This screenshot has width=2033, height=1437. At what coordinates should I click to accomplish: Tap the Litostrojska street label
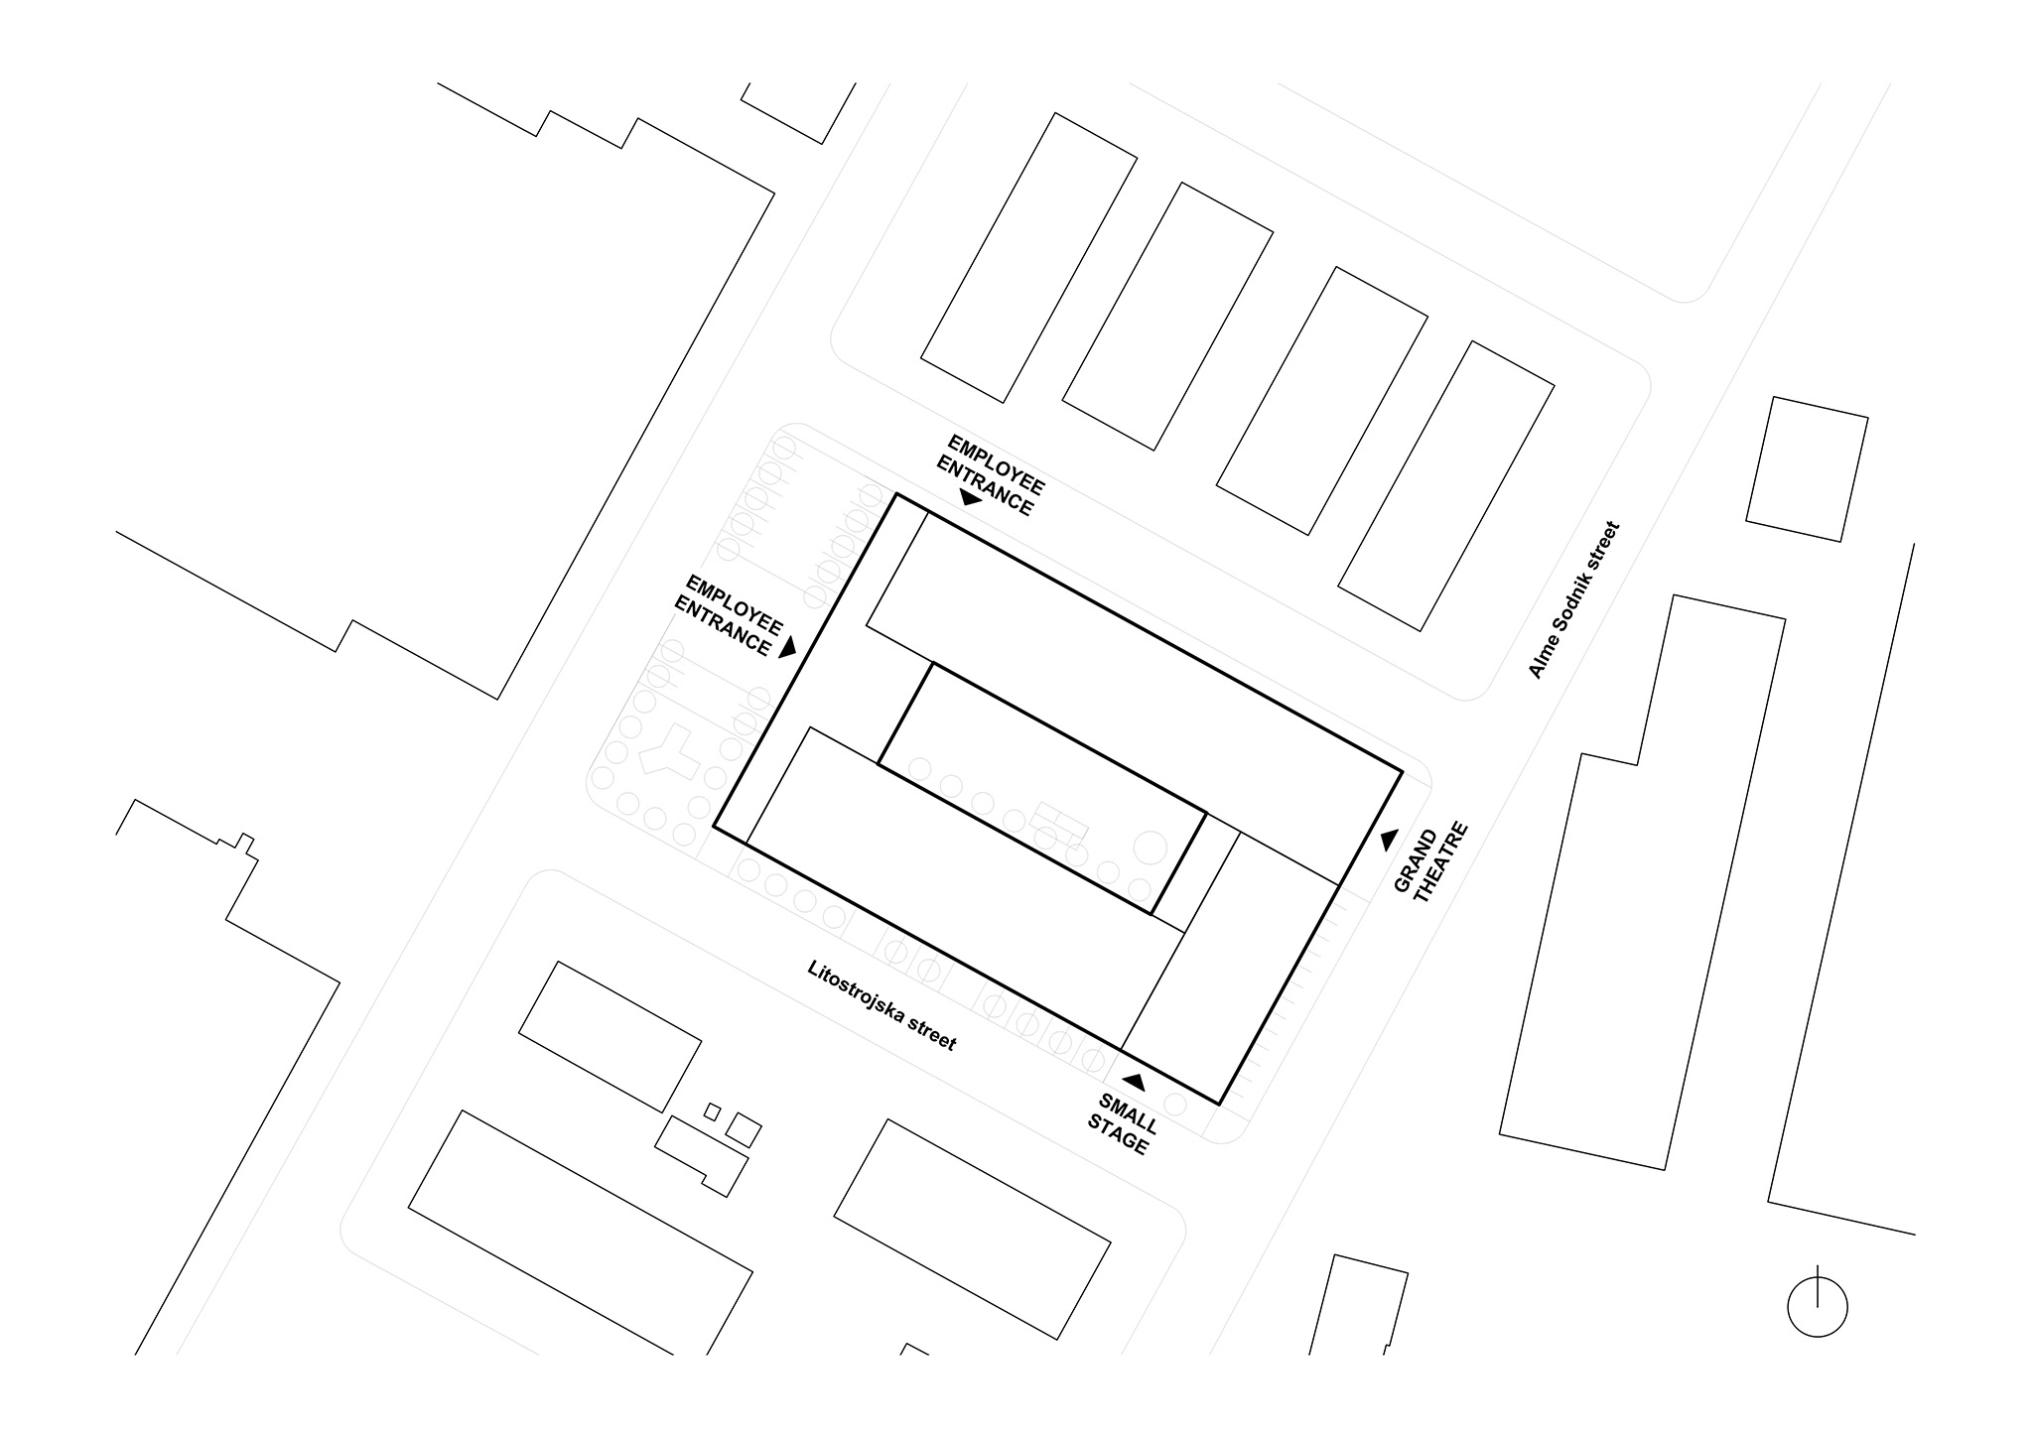point(882,1005)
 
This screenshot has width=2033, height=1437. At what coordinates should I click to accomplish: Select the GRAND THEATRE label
point(1429,862)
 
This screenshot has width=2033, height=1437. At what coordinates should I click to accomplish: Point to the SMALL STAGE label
point(1123,1123)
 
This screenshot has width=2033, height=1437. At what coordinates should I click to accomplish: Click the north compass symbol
point(1818,1303)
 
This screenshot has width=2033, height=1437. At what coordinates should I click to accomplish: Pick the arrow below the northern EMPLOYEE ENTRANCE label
point(971,498)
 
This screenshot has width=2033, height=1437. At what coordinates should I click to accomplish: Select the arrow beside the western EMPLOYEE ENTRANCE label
point(789,647)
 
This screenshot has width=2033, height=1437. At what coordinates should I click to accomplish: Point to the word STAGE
point(1117,1134)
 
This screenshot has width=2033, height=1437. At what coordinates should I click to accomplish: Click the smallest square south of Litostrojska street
point(712,1110)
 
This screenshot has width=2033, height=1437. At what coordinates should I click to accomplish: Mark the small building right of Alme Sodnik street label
point(1807,469)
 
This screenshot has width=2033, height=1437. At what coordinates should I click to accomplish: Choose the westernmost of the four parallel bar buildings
point(1028,258)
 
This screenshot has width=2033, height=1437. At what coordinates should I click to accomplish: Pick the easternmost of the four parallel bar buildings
point(1446,486)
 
